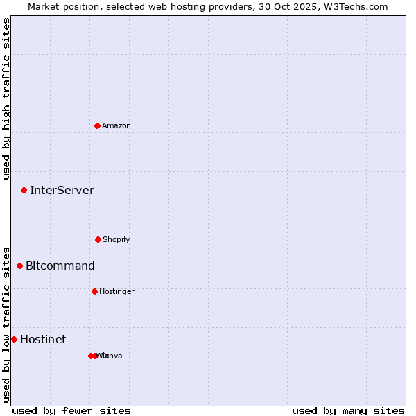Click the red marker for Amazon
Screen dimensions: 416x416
pos(98,125)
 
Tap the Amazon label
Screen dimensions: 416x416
pos(116,125)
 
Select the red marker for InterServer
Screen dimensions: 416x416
pos(24,190)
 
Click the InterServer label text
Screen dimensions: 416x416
pos(62,190)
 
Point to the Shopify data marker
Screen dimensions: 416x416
pos(98,239)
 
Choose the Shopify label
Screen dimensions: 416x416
pos(116,239)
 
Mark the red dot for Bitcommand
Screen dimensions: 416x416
pos(20,266)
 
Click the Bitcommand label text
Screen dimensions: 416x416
pos(60,266)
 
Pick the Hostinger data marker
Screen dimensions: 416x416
pos(94,291)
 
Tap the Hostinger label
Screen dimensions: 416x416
pos(116,291)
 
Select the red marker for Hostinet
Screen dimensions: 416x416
pos(14,339)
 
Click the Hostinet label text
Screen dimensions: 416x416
pos(43,339)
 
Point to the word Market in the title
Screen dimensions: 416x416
pos(44,6)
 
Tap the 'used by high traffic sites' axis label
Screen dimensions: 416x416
pos(6,98)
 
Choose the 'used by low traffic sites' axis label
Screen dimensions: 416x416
pos(6,324)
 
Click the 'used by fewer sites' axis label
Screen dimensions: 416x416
pos(71,410)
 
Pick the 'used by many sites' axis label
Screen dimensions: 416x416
pos(348,410)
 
